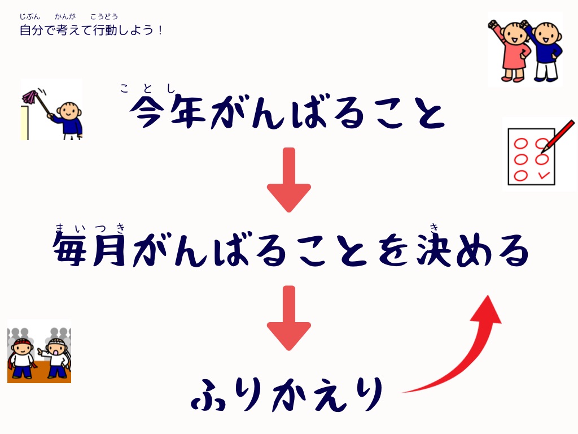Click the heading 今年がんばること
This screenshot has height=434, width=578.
(x=287, y=112)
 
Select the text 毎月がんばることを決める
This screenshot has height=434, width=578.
(x=291, y=250)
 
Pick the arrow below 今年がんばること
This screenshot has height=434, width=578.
(x=289, y=180)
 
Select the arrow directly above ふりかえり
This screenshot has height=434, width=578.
(x=289, y=318)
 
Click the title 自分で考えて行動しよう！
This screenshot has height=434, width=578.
(x=91, y=30)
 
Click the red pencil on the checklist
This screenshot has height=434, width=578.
(x=557, y=137)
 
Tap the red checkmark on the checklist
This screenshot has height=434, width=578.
(x=544, y=175)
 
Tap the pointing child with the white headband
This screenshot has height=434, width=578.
(x=55, y=358)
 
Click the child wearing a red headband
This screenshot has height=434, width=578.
(x=22, y=358)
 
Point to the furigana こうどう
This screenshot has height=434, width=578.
(x=104, y=16)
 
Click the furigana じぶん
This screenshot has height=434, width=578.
(x=29, y=16)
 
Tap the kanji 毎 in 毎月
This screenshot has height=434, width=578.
(x=70, y=250)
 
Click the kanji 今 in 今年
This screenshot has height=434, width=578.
(x=147, y=112)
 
